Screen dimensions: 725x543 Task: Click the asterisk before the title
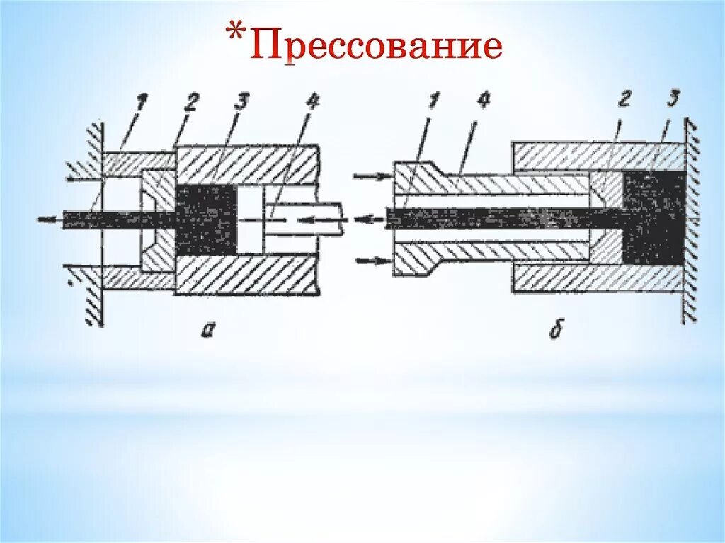240,35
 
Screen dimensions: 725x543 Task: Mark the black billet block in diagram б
653,219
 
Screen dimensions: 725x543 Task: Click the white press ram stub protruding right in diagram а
319,219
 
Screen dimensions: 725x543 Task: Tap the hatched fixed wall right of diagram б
690,219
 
